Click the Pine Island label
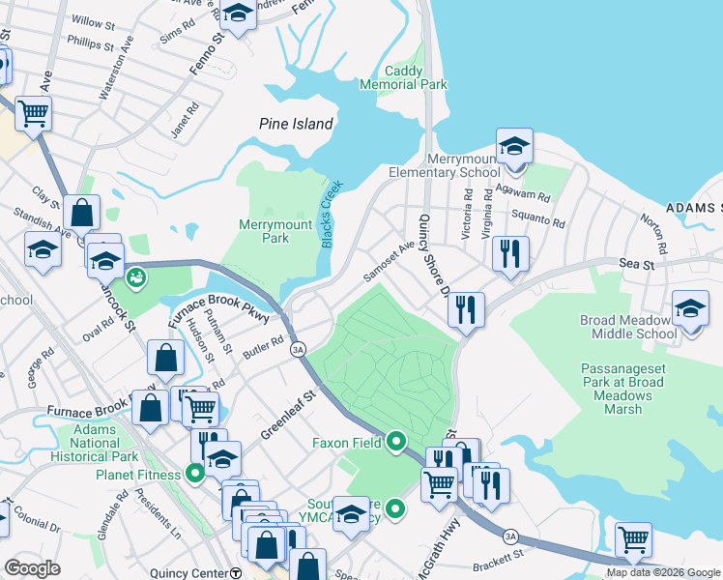[296, 124]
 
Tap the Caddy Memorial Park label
[417, 77]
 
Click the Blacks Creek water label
[328, 215]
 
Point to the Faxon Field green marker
[395, 444]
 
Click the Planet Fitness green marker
[194, 475]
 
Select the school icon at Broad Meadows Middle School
[690, 309]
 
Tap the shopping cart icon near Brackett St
[633, 539]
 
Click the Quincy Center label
[188, 572]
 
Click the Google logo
[32, 567]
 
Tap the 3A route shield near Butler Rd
[299, 349]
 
